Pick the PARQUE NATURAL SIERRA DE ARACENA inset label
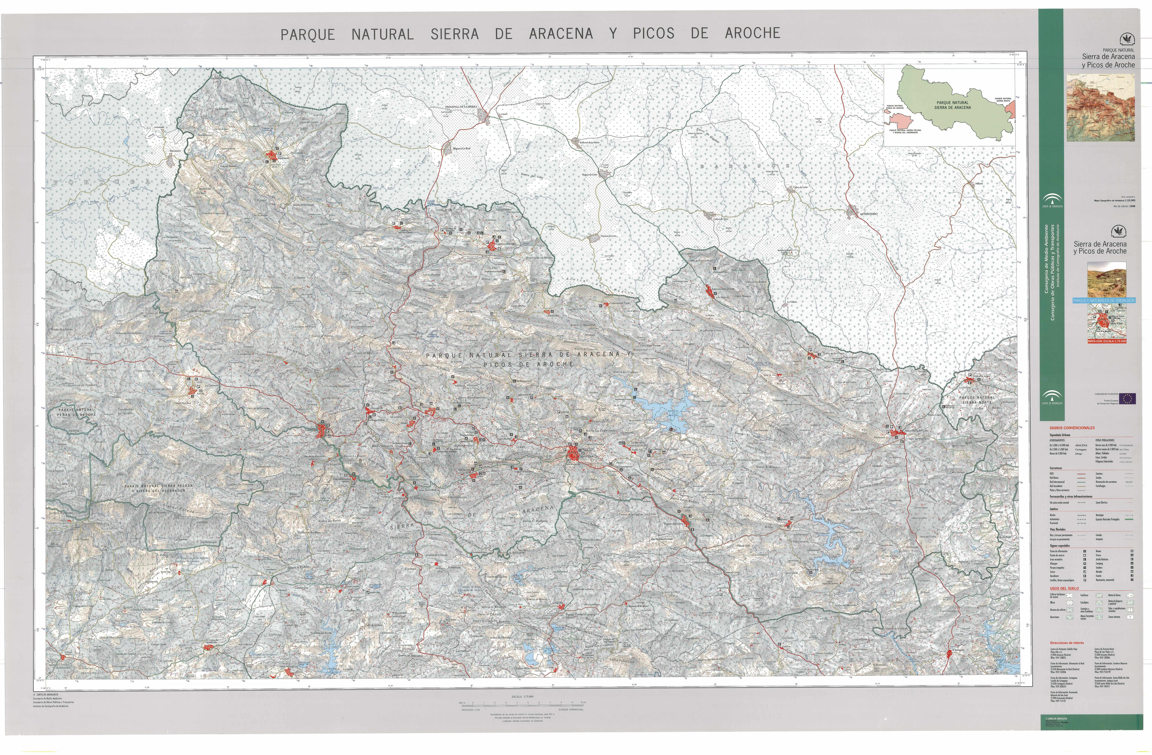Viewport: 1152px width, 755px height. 952,105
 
